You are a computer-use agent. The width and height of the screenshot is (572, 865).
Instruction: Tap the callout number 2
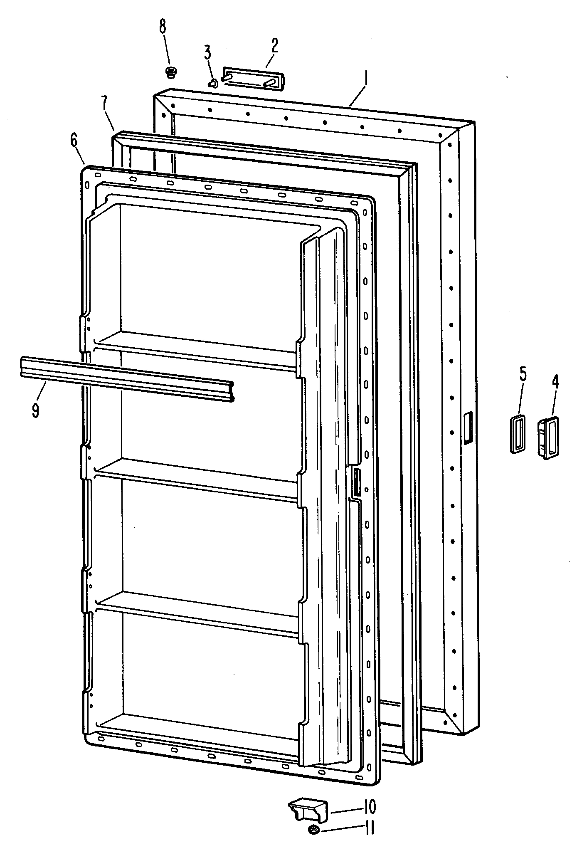coord(274,46)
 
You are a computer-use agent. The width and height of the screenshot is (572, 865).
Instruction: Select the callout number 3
coord(207,54)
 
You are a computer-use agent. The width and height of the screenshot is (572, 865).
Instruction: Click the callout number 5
coord(523,374)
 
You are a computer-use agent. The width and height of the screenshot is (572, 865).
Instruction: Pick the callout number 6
coord(74,141)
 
